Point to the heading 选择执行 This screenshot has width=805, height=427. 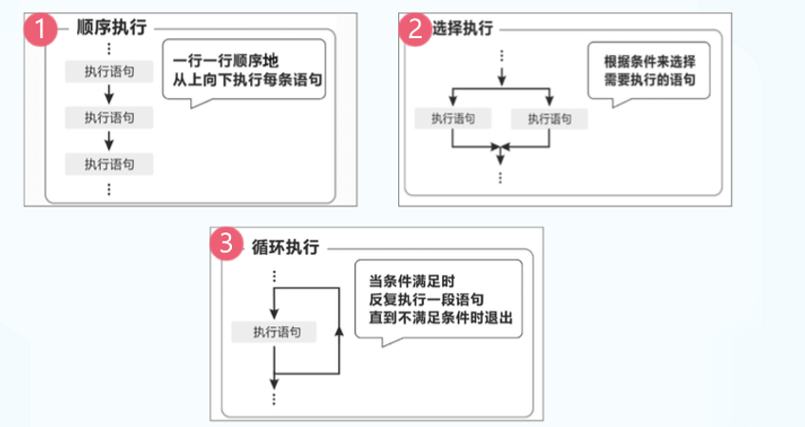[x=465, y=29]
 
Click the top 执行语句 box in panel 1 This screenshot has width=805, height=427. [x=109, y=71]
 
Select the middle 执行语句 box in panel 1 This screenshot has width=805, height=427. [x=109, y=118]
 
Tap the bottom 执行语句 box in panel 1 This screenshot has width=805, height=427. [x=109, y=164]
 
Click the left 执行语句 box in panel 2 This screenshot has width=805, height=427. [x=453, y=119]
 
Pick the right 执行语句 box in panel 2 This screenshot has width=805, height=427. [x=548, y=119]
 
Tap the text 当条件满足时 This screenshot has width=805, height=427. [x=412, y=281]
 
